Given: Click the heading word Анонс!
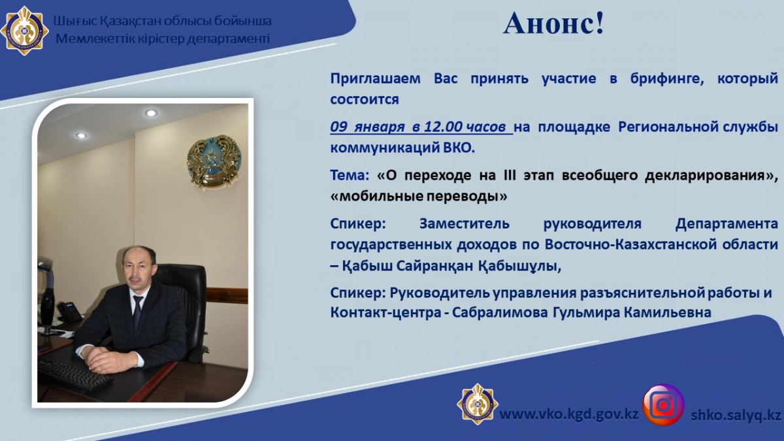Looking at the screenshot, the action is [554, 23].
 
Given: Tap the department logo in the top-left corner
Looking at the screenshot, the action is [24, 31].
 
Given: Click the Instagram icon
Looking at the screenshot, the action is [663, 405].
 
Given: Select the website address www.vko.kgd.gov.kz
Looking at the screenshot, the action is [569, 414].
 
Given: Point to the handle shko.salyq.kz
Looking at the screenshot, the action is [736, 415].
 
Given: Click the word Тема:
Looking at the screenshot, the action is [350, 175].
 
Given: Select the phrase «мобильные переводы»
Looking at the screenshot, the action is [419, 197].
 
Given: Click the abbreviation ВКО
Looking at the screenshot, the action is [459, 148].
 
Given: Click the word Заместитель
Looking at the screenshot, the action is [465, 223].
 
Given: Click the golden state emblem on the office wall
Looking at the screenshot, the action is [214, 161].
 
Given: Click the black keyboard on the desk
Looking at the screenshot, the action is [74, 374].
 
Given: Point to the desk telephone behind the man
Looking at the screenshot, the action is [69, 312].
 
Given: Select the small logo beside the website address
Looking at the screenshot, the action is [478, 404].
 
